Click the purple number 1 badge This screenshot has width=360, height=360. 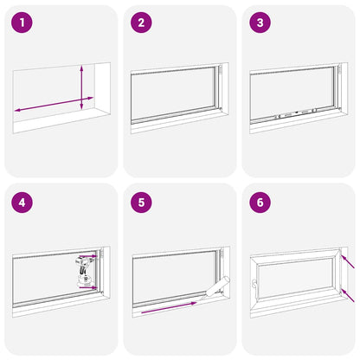(x=22, y=22)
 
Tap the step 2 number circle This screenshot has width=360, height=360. (x=141, y=22)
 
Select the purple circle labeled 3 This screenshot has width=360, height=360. (x=259, y=22)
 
